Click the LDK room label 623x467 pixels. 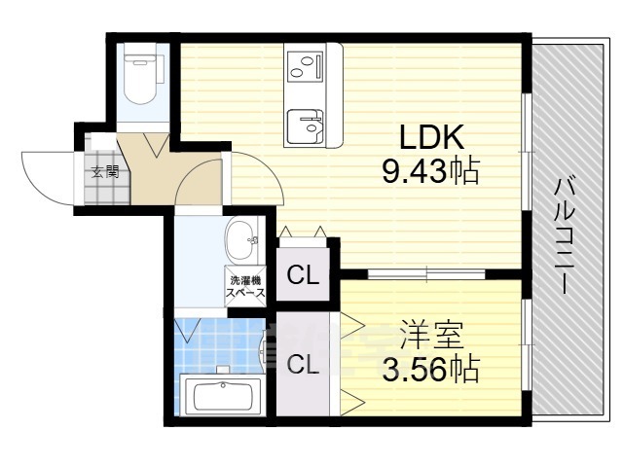[x=431, y=137]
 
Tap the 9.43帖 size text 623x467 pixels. [x=430, y=171]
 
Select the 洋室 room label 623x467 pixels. [x=431, y=335]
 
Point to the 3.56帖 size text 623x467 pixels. [x=430, y=369]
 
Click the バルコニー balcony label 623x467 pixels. [x=565, y=235]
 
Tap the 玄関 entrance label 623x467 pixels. [x=105, y=171]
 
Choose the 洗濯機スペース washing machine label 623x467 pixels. [x=245, y=287]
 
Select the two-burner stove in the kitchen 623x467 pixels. [x=305, y=66]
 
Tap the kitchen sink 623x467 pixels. [x=305, y=126]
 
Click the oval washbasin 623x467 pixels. [x=241, y=241]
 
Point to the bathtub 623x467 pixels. [x=223, y=394]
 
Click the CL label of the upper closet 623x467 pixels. [x=303, y=274]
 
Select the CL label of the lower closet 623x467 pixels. [x=303, y=365]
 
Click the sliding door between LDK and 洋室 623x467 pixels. [x=426, y=274]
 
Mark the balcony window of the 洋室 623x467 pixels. [x=526, y=345]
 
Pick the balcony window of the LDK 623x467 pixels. [x=526, y=152]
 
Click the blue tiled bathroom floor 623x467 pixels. [x=221, y=344]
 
